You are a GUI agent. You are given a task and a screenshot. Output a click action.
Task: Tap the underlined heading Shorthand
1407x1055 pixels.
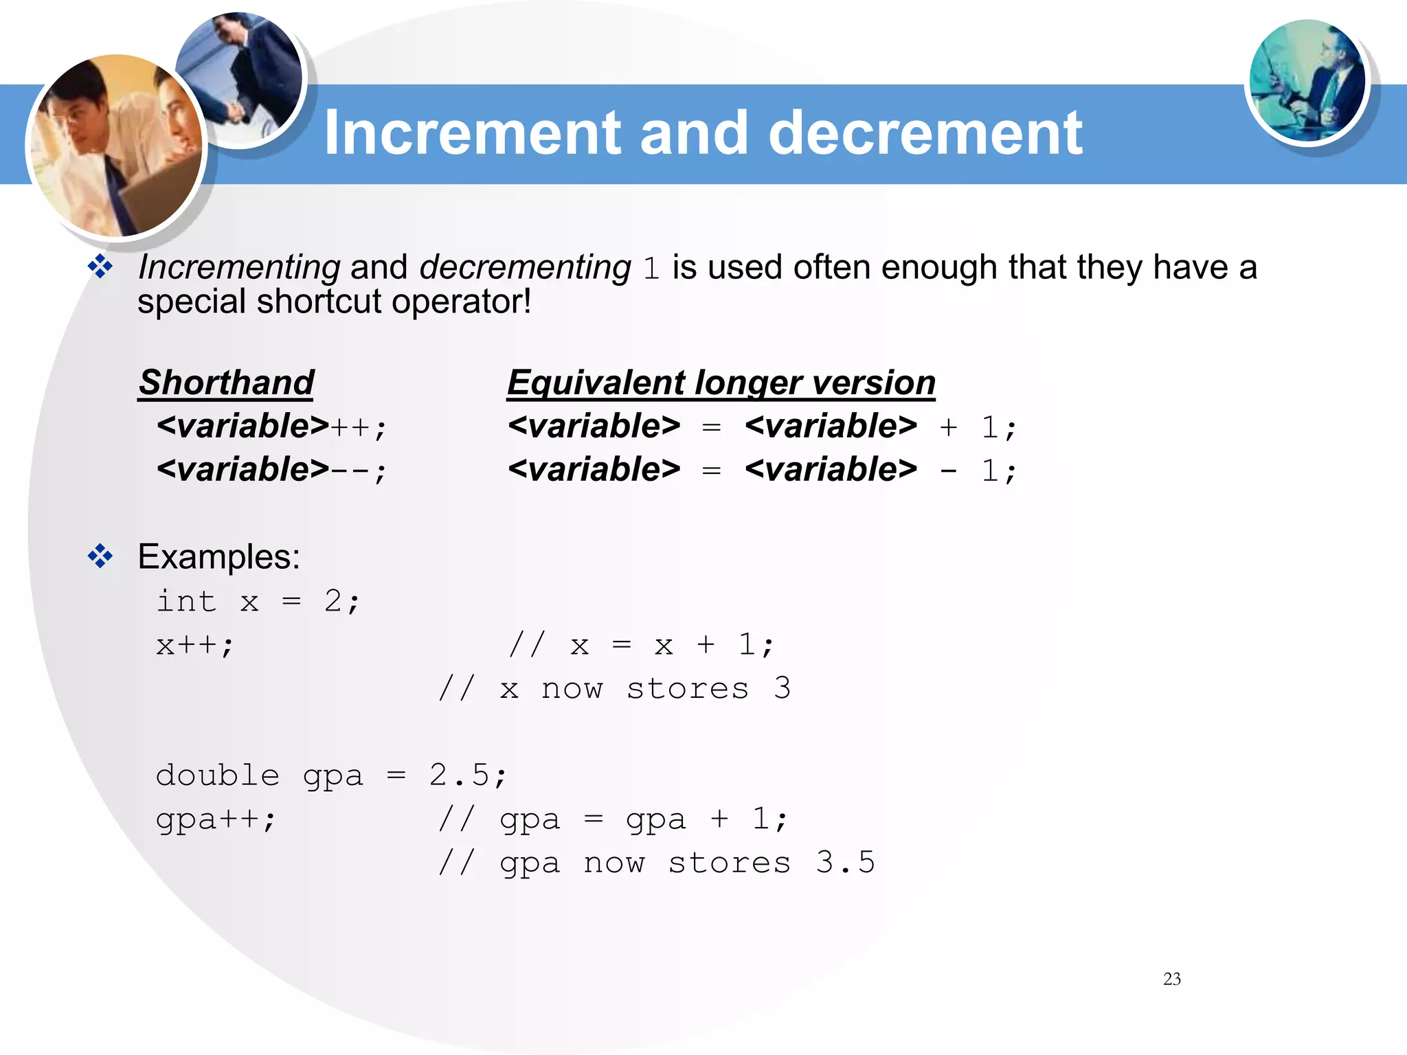226,383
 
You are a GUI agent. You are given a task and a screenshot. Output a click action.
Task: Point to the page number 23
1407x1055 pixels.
1171,979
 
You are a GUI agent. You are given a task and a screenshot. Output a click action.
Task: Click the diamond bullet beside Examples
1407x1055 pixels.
100,556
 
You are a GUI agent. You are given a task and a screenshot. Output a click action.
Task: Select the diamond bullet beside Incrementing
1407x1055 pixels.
100,266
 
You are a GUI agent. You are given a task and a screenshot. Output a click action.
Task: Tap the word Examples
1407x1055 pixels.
218,556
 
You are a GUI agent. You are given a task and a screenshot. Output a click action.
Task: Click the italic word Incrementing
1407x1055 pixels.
239,267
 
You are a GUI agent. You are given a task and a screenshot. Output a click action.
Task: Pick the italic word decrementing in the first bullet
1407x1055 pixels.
525,267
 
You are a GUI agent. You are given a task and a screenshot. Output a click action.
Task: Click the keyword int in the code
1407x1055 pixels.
186,601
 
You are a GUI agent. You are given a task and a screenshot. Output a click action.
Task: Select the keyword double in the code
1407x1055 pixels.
217,775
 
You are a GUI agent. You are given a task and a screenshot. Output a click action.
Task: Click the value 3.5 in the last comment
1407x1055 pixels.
845,863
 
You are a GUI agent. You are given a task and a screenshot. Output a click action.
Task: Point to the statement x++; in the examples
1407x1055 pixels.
195,645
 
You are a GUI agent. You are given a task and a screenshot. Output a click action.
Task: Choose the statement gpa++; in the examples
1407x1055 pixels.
216,819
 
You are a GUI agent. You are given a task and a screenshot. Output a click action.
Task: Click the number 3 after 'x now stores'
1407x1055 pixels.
782,688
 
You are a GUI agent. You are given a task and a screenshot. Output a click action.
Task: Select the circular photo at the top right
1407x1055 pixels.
1307,81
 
